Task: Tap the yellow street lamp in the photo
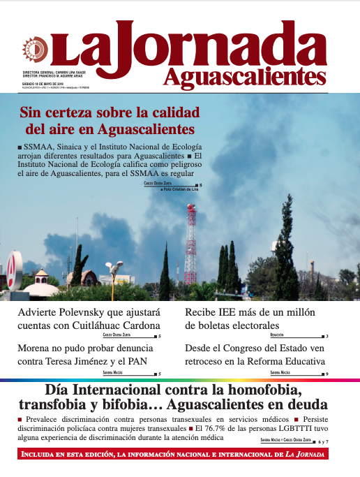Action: coord(114,267)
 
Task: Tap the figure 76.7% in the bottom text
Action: coord(214,427)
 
